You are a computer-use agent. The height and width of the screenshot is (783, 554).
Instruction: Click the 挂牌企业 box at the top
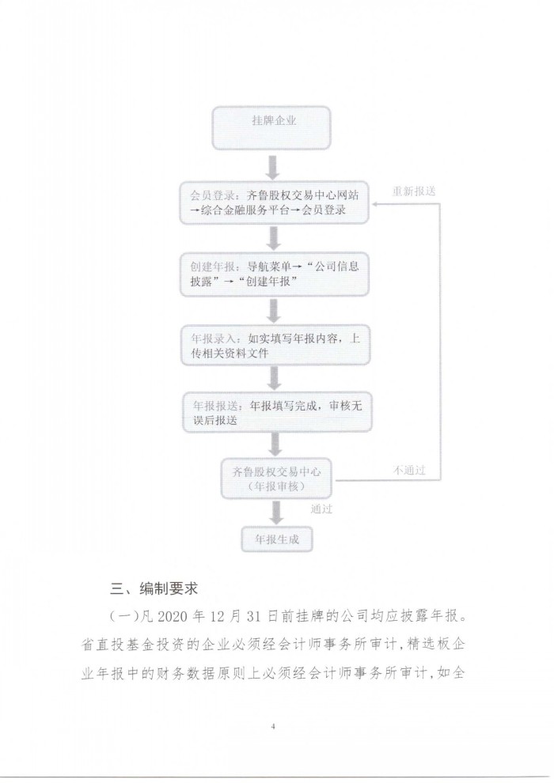tap(271, 128)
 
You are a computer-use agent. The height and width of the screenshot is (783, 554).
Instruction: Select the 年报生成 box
tap(277, 539)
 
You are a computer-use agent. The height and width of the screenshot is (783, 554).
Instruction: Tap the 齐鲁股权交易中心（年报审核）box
tap(276, 478)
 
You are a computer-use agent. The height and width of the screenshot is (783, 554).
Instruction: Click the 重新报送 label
tap(414, 191)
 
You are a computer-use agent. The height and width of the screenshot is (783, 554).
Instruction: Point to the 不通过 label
tap(409, 470)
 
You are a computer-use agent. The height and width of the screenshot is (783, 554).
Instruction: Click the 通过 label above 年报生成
tap(321, 509)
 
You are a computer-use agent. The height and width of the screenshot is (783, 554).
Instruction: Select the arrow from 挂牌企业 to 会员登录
tap(272, 168)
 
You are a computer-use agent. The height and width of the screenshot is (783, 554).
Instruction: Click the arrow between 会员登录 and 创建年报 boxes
tap(273, 238)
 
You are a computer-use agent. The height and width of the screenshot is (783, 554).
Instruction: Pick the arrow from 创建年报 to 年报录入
tap(273, 311)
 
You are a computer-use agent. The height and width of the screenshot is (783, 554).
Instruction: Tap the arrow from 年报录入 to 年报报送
tap(274, 378)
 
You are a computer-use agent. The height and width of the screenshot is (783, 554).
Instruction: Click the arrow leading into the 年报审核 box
tap(275, 445)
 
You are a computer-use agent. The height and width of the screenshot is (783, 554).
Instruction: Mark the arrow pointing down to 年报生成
tap(275, 513)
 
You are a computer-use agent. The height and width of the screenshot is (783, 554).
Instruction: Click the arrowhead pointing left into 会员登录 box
tap(375, 204)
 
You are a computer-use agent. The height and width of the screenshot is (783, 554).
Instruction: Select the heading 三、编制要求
tap(154, 588)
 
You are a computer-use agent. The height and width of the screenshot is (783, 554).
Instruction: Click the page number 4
tap(273, 726)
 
